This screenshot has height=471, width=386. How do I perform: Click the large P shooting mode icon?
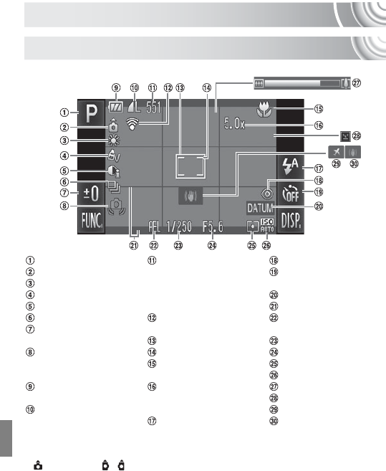tap(91, 113)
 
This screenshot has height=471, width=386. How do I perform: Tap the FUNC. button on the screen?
tap(91, 221)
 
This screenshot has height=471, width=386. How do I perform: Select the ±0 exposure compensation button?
tap(91, 193)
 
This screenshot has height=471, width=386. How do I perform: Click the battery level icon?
tap(116, 107)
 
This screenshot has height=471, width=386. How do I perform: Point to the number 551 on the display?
tap(154, 107)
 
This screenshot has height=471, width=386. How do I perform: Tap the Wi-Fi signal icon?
tap(132, 123)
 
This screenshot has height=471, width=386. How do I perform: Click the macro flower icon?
tap(264, 110)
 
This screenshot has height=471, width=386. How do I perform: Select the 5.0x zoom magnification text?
tap(234, 124)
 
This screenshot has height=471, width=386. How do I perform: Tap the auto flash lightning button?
tap(291, 167)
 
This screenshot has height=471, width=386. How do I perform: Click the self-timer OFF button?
tap(291, 194)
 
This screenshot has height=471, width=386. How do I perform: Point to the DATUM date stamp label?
tap(260, 208)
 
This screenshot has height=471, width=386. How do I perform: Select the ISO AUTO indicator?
tap(267, 225)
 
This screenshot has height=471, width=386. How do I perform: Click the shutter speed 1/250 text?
tap(179, 227)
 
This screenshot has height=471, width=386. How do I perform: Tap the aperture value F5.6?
tap(213, 227)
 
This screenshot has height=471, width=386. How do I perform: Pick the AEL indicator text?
tap(154, 227)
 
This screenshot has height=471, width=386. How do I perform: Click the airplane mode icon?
tap(336, 152)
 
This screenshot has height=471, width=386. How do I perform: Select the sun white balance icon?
tap(114, 141)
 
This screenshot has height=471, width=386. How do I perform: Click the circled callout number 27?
tap(356, 83)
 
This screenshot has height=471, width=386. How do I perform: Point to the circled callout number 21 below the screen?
tap(134, 245)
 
